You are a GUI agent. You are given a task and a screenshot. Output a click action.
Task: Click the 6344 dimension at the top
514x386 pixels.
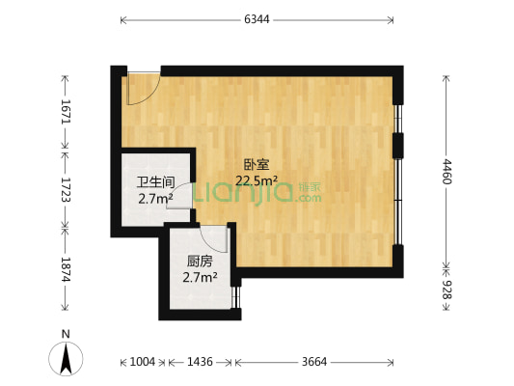point(257,19)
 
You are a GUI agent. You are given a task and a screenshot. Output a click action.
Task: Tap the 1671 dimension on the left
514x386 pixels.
point(65,112)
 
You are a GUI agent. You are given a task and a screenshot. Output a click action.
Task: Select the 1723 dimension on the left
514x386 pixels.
point(65,186)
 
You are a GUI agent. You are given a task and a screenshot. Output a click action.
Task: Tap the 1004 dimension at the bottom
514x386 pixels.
point(142,362)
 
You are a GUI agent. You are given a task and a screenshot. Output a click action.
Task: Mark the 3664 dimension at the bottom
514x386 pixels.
point(314,362)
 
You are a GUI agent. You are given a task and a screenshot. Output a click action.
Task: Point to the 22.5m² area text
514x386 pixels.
point(257,179)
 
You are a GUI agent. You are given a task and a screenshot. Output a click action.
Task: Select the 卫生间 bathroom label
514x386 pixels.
point(154,182)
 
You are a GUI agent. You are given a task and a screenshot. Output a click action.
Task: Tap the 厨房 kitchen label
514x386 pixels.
point(200,262)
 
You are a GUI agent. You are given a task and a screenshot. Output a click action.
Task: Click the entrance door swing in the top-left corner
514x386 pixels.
point(142,89)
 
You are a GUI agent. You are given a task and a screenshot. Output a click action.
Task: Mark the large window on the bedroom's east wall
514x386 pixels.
point(398,144)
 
